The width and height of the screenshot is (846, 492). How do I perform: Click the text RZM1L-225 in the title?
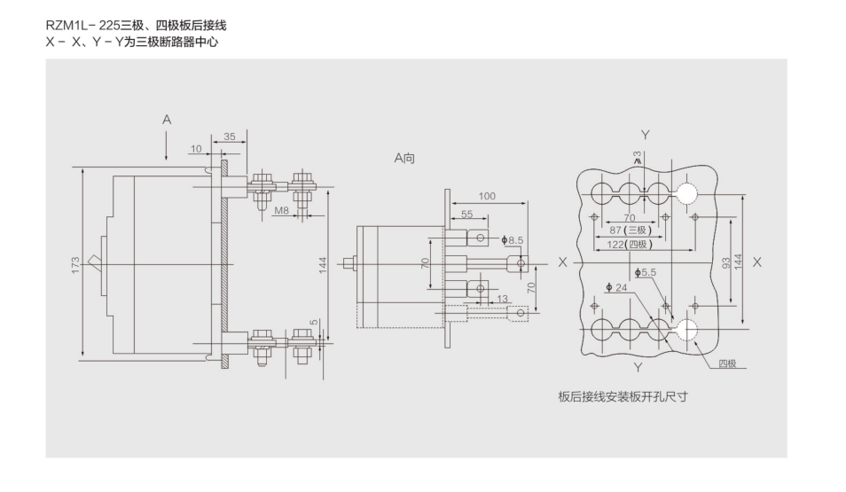(x=82, y=26)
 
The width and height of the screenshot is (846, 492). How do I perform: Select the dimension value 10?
(x=196, y=149)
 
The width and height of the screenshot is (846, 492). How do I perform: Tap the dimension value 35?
(x=229, y=137)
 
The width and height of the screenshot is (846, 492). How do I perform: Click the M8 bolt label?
(x=281, y=211)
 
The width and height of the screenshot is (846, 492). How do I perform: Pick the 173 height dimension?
(x=75, y=264)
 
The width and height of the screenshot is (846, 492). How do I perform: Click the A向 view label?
(x=404, y=159)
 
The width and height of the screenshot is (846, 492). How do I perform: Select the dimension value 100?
(x=487, y=195)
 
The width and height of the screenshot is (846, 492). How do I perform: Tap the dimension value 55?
(x=466, y=215)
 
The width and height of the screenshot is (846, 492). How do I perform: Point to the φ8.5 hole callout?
(x=513, y=239)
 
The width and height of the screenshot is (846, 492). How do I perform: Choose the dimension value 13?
(x=503, y=299)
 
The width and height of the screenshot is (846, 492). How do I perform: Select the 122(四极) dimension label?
(x=630, y=244)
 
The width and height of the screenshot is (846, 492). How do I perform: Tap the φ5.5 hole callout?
(x=645, y=272)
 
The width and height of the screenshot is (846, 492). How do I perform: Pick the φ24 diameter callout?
(x=615, y=287)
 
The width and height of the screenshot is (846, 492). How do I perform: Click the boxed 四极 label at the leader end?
(x=727, y=363)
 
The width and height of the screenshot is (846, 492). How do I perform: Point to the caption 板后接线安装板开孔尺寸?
(x=623, y=396)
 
